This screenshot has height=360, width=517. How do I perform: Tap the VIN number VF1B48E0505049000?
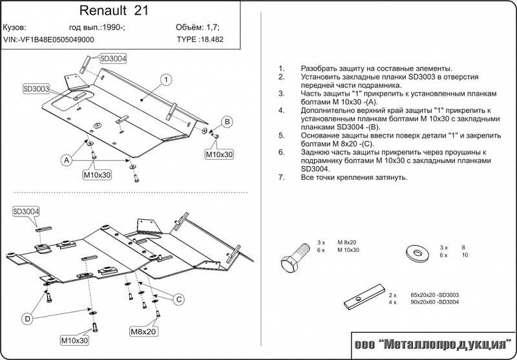(48, 39)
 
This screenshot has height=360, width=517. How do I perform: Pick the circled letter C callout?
(179, 299)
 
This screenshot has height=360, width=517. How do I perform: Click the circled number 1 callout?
(166, 80)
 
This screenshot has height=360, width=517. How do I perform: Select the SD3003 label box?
(36, 89)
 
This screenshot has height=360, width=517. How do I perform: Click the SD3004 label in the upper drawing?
(113, 58)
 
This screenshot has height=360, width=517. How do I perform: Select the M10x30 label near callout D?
(75, 340)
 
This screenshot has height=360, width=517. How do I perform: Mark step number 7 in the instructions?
(281, 176)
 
